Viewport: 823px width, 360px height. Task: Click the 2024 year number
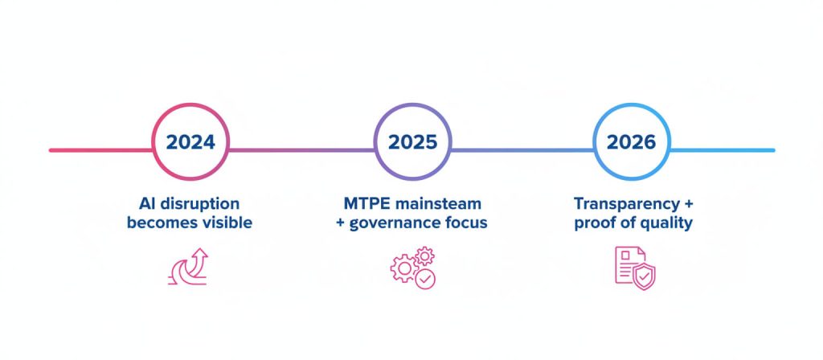(x=190, y=143)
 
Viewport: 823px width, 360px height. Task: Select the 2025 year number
(x=412, y=143)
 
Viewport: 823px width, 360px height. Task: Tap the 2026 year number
(x=632, y=143)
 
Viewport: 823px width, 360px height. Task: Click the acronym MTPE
(x=364, y=203)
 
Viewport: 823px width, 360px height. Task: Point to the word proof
(x=595, y=223)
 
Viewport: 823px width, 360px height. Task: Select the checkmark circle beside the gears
(x=425, y=279)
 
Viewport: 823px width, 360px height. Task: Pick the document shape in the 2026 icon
(x=627, y=264)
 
